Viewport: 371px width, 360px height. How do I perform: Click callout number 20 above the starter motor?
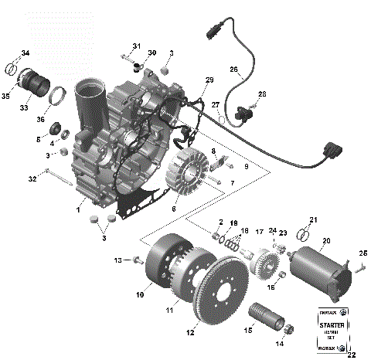pyautogui.click(x=325, y=240)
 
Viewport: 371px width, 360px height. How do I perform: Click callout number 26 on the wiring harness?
pyautogui.click(x=234, y=69)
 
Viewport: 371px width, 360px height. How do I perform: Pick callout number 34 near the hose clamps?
pyautogui.click(x=26, y=53)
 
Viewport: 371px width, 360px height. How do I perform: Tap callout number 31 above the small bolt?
pyautogui.click(x=137, y=46)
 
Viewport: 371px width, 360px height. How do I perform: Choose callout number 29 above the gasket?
pyautogui.click(x=209, y=80)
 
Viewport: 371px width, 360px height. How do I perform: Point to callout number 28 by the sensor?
pyautogui.click(x=262, y=93)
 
